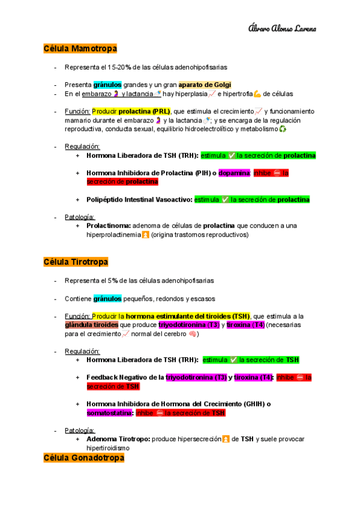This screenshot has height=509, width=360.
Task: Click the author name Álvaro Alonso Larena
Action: click(x=282, y=28)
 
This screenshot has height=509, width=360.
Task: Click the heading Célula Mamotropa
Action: click(x=80, y=48)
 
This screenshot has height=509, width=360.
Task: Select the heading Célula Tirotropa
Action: click(x=76, y=262)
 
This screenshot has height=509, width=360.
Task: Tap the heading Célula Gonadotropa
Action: click(x=83, y=458)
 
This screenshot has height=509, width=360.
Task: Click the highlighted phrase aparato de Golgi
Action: click(x=205, y=85)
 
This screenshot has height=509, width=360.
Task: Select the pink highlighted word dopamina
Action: click(x=235, y=173)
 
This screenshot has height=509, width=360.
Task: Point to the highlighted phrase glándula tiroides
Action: click(x=92, y=325)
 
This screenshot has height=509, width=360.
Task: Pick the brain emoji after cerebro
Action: click(x=192, y=334)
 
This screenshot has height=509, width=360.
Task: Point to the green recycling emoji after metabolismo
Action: click(x=283, y=129)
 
